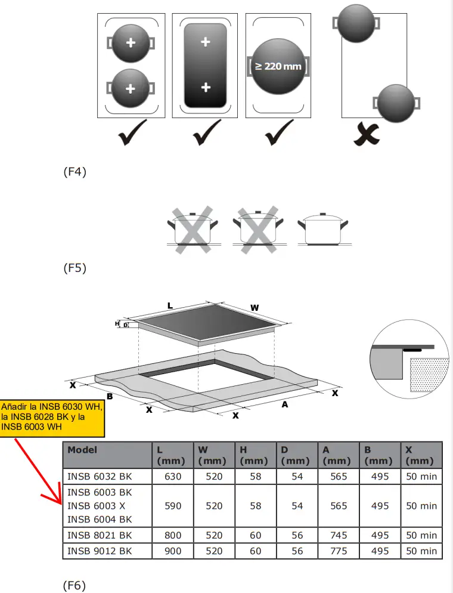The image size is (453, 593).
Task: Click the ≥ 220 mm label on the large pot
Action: pos(278,66)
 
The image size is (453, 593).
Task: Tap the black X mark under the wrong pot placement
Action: pos(366,134)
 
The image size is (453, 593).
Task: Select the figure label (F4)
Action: pos(75,172)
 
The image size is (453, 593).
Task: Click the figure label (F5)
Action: pos(75,268)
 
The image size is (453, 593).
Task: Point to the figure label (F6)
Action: pos(75,586)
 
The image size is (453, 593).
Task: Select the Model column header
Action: pos(82,450)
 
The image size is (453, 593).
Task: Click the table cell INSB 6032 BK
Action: pos(100,476)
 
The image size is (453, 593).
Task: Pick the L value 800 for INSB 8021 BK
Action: pos(173,536)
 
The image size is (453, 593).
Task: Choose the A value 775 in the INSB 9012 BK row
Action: pos(338,551)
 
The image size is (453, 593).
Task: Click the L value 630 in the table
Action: pos(173,476)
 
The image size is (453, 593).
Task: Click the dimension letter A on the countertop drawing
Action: pos(285,404)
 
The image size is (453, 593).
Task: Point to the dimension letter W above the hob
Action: pos(255,308)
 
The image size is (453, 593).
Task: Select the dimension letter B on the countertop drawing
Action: pos(110,396)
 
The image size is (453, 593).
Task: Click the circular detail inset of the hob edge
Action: pos(409,357)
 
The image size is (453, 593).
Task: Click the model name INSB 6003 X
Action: pos(96,506)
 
